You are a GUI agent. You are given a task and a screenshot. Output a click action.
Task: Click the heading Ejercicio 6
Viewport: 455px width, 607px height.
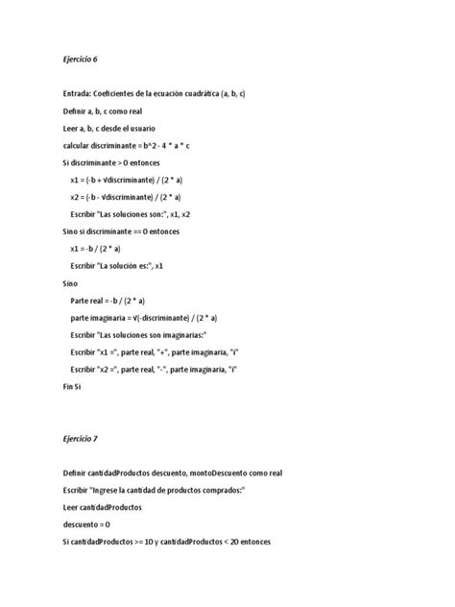click(x=80, y=60)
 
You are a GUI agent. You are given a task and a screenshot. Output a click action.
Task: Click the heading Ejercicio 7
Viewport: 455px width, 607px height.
click(x=80, y=439)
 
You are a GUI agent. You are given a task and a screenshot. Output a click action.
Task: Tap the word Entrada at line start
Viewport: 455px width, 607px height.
click(x=78, y=93)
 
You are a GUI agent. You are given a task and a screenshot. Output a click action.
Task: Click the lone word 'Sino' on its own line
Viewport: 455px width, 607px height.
click(x=70, y=283)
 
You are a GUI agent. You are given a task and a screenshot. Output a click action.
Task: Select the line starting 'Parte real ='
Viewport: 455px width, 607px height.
click(x=128, y=301)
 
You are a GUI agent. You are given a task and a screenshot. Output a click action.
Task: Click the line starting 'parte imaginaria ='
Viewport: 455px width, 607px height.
click(x=143, y=318)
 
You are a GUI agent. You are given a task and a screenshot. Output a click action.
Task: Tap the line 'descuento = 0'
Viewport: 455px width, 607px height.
click(x=86, y=524)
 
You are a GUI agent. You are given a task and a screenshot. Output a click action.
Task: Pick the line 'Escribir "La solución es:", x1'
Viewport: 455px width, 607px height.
click(x=131, y=266)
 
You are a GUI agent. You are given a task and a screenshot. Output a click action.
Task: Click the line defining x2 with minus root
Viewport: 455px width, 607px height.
click(x=143, y=197)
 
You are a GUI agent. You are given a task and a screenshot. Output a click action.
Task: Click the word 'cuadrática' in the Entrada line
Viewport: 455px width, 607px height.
click(x=201, y=93)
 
